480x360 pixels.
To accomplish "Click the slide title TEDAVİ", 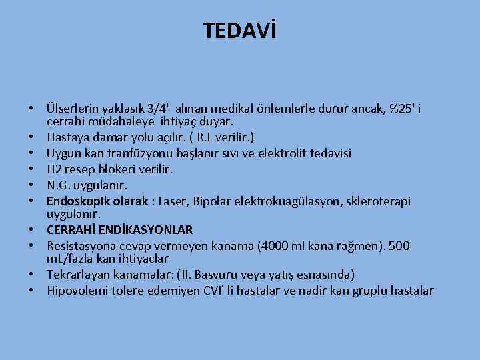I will click(x=239, y=30).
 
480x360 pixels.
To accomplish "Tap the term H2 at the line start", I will click(x=55, y=169).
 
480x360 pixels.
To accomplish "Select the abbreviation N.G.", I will click(x=60, y=184).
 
